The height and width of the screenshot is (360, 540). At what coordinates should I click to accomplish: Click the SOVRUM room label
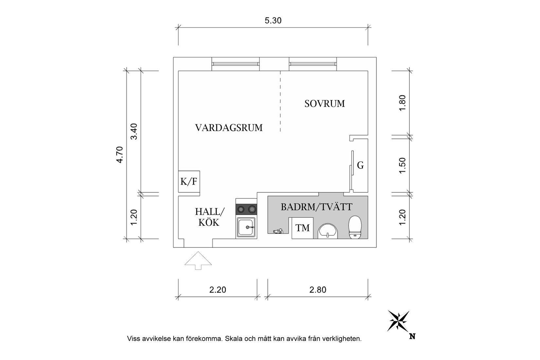click(324, 104)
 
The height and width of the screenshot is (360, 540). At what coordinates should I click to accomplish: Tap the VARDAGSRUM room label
click(229, 128)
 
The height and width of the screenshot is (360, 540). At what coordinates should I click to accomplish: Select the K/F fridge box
click(189, 181)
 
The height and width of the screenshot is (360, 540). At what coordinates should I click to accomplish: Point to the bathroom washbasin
click(328, 231)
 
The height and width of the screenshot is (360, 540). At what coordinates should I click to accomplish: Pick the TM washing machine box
click(302, 228)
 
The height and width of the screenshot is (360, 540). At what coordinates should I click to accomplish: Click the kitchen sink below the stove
click(246, 227)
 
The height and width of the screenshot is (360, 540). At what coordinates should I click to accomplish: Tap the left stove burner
click(241, 209)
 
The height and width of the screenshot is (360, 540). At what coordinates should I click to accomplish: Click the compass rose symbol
click(398, 320)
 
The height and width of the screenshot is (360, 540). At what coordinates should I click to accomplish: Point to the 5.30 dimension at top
click(273, 21)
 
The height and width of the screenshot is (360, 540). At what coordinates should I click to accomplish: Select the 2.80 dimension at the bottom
click(318, 290)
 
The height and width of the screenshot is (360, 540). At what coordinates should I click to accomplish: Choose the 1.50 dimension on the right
click(403, 166)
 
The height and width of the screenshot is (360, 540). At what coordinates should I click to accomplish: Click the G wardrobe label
click(360, 166)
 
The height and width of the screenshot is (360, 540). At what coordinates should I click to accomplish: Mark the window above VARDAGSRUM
click(235, 64)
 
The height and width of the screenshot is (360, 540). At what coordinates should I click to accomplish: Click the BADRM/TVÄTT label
click(316, 207)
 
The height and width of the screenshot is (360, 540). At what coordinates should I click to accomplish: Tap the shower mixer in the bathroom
click(278, 231)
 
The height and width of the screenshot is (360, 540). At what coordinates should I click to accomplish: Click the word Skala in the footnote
click(234, 339)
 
